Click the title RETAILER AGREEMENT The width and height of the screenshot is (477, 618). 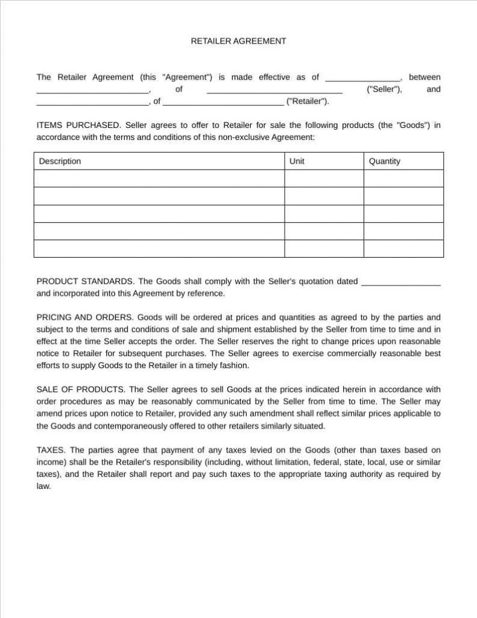238,41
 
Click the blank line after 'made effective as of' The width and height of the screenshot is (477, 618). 362,78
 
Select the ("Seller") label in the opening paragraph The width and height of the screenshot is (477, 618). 384,89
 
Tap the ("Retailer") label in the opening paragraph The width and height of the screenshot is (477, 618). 308,101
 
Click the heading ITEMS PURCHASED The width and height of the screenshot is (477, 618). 78,126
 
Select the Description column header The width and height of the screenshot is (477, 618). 60,161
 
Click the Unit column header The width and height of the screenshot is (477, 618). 297,161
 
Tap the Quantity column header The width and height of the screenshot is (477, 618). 384,161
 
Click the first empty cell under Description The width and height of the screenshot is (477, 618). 159,179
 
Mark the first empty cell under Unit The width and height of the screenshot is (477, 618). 323,179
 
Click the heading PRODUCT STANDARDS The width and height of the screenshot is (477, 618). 85,281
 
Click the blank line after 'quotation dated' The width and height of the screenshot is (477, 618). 400,282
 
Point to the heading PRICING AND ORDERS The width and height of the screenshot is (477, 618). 85,317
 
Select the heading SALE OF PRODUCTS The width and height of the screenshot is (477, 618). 81,389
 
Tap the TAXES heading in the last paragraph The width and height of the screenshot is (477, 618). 51,450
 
